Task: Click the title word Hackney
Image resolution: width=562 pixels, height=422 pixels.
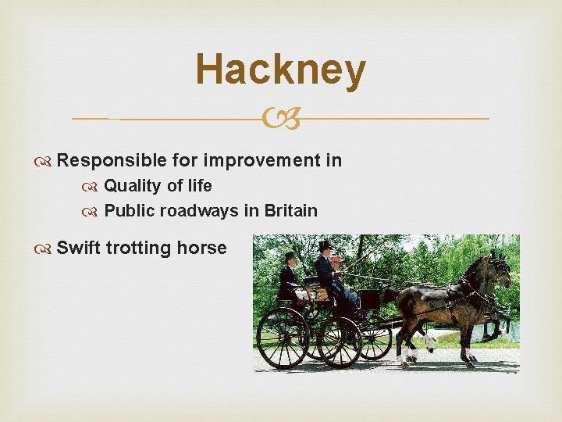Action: pyautogui.click(x=280, y=70)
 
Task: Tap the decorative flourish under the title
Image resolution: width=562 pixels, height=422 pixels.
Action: pyautogui.click(x=280, y=120)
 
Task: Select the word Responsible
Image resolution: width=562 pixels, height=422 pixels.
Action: pyautogui.click(x=111, y=160)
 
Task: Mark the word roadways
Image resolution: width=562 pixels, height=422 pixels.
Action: pyautogui.click(x=207, y=210)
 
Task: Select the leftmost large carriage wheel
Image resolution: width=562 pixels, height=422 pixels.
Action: pyautogui.click(x=283, y=338)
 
